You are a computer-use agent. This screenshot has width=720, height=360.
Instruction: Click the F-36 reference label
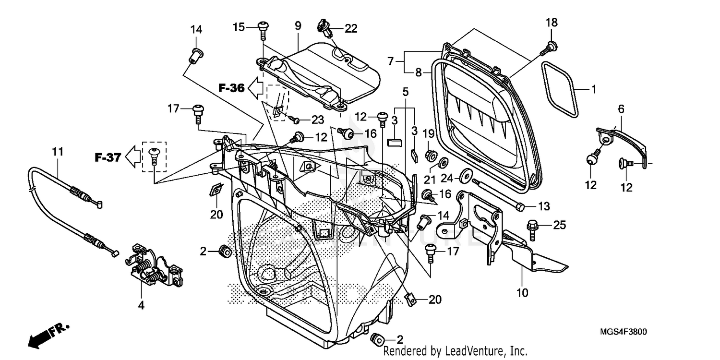point(232,88)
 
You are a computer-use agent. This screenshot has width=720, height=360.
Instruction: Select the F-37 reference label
point(107,157)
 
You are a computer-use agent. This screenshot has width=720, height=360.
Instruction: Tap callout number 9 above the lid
point(298,25)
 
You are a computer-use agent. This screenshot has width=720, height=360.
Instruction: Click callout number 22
point(351,29)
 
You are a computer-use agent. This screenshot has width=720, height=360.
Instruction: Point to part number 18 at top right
point(551,22)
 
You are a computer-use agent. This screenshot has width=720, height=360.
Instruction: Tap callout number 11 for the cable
point(58,152)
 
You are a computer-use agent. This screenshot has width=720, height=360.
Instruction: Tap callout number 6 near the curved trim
point(621,109)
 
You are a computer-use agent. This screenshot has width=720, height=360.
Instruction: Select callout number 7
point(390,61)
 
